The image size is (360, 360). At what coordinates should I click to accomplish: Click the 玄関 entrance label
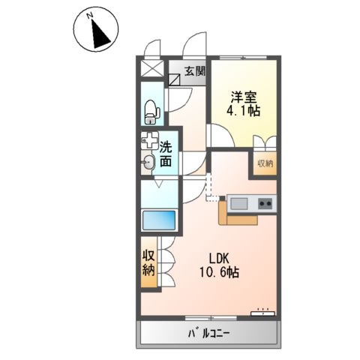tap(194, 72)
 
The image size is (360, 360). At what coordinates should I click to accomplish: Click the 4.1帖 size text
tap(244, 112)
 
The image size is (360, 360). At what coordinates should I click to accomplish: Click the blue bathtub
tap(158, 220)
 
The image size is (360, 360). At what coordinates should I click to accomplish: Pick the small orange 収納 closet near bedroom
tap(265, 163)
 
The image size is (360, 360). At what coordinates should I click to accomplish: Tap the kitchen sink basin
tap(238, 202)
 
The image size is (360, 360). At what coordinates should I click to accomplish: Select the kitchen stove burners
tap(264, 202)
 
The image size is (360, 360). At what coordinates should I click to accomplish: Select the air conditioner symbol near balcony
tap(262, 310)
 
